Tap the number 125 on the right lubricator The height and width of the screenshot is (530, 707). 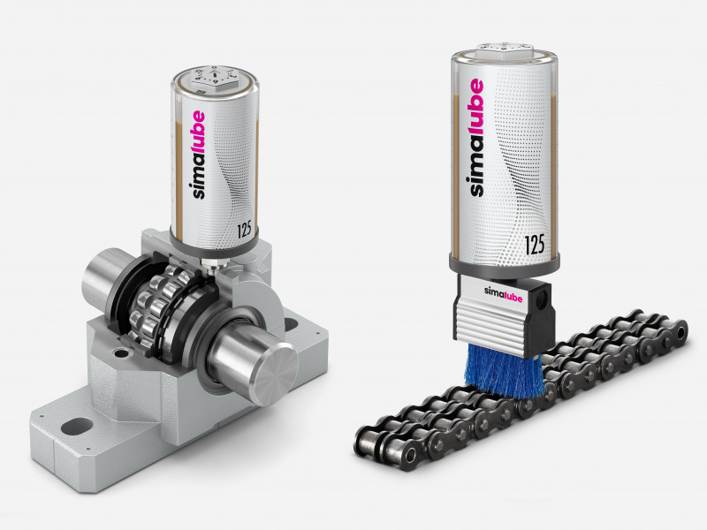(x=535, y=245)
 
